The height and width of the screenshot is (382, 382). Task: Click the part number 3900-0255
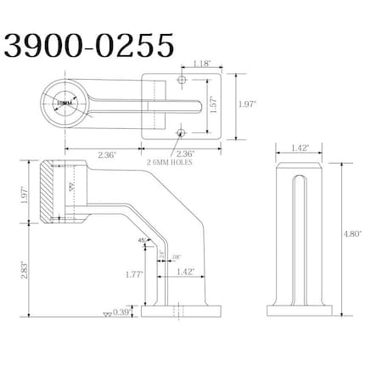tap(89, 44)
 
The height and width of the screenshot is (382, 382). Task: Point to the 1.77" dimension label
tap(134, 274)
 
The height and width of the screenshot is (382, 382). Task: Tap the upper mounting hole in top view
tap(180, 79)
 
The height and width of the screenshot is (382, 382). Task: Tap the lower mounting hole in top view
tap(180, 132)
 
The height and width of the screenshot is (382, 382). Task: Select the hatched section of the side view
tap(48, 192)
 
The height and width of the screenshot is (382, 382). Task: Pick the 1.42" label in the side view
tap(185, 272)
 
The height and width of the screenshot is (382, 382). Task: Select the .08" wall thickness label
tap(175, 256)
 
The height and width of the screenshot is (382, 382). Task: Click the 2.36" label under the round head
tap(107, 154)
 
